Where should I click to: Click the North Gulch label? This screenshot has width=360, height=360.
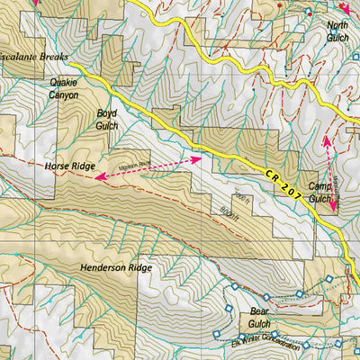point(338,31)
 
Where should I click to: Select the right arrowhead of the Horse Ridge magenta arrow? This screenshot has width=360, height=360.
point(197,157)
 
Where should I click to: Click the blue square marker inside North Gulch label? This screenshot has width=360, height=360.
point(308,12)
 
